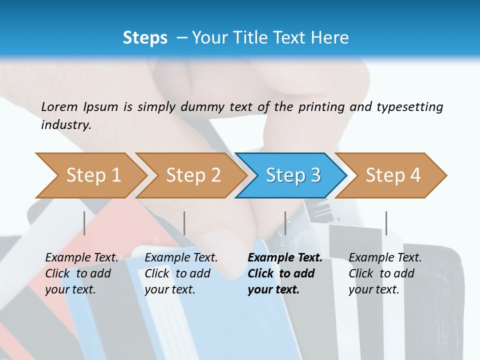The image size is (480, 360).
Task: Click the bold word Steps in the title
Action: [x=145, y=37]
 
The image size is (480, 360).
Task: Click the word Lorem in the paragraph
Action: [x=59, y=106]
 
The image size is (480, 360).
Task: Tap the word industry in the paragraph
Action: [x=66, y=124]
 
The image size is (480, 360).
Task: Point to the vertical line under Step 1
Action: [x=84, y=223]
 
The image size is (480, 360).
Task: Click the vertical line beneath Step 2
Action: [x=184, y=223]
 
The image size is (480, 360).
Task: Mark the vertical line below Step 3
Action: [x=285, y=223]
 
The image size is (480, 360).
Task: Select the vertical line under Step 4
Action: [x=386, y=223]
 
